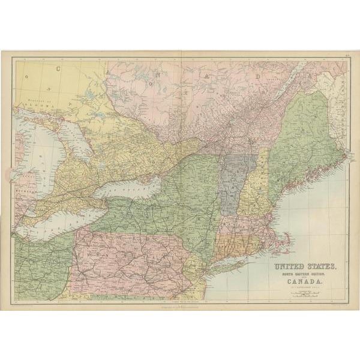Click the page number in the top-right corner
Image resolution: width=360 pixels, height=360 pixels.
(347, 56)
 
